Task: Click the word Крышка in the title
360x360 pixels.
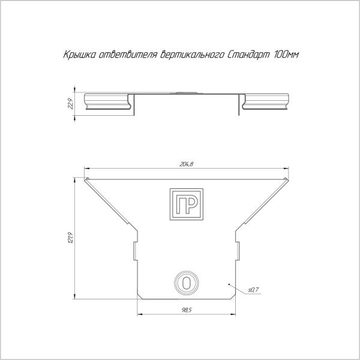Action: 79,55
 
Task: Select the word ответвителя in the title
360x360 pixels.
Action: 127,55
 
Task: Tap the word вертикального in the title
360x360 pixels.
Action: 192,55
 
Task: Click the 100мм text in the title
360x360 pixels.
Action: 286,55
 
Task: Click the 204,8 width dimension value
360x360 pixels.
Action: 187,164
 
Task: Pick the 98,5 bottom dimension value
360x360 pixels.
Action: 187,310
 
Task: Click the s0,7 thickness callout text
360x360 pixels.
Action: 253,290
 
